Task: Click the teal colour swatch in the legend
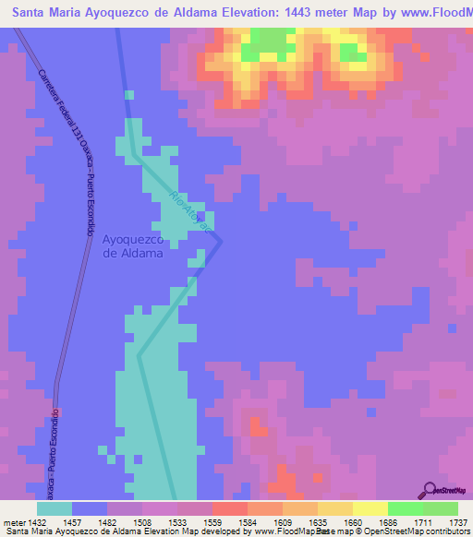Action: click(x=55, y=508)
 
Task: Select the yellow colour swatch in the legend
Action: click(x=370, y=508)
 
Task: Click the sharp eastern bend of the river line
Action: click(x=221, y=240)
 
